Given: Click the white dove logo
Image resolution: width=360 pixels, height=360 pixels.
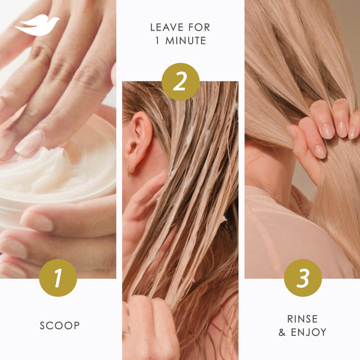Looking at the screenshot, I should tap(37, 25).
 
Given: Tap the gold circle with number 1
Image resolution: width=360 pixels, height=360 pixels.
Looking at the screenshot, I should tap(58, 278).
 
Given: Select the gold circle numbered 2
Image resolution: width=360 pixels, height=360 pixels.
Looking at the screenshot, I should tap(180, 81).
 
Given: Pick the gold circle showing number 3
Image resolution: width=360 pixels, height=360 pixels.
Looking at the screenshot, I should tap(302, 278).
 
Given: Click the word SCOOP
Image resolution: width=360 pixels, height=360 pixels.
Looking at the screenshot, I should tap(59, 325).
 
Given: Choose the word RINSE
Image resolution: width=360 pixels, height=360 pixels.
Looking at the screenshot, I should tap(302, 319).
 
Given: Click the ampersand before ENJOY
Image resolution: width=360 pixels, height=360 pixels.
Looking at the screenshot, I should tap(282, 332).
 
